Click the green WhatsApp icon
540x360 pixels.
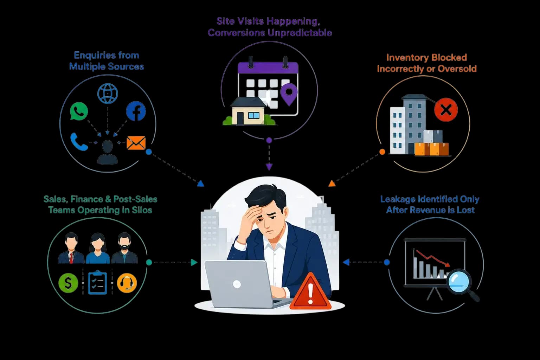click(79, 111)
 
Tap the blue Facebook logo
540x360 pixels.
click(136, 111)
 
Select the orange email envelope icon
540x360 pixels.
click(136, 143)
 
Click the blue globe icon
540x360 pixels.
click(108, 94)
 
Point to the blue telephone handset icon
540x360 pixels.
click(79, 142)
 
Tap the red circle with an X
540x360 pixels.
click(446, 110)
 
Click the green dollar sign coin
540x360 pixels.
click(68, 283)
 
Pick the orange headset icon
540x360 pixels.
click(127, 283)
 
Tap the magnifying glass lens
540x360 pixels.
click(458, 281)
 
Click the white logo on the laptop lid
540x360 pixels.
click(237, 284)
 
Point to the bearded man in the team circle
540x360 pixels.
click(124, 248)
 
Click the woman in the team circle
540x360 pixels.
click(98, 248)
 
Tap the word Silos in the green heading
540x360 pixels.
click(142, 210)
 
